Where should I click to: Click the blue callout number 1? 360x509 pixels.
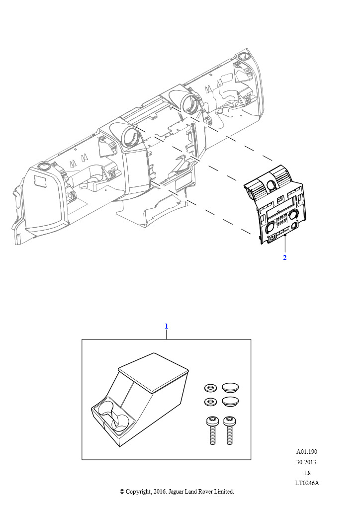point(167,326)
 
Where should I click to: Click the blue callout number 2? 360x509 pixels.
point(285,257)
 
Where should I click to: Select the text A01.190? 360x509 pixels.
point(306,451)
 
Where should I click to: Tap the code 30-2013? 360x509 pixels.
point(306,462)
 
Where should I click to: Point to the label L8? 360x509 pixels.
point(307,473)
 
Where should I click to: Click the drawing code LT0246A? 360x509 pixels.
point(307,483)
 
